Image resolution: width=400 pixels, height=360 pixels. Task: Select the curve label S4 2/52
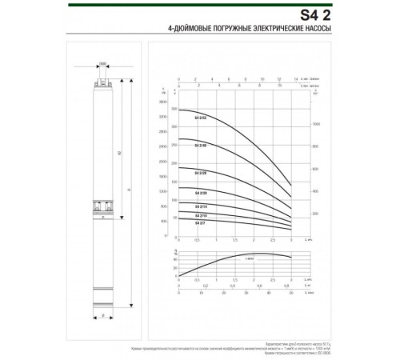pos(201,117)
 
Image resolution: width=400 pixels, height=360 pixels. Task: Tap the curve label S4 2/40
pos(201,145)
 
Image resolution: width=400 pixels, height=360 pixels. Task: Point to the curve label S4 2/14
pos(201,207)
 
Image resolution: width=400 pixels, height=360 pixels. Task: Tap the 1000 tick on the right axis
pos(315,125)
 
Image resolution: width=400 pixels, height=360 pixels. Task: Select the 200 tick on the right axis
pos(315,214)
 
